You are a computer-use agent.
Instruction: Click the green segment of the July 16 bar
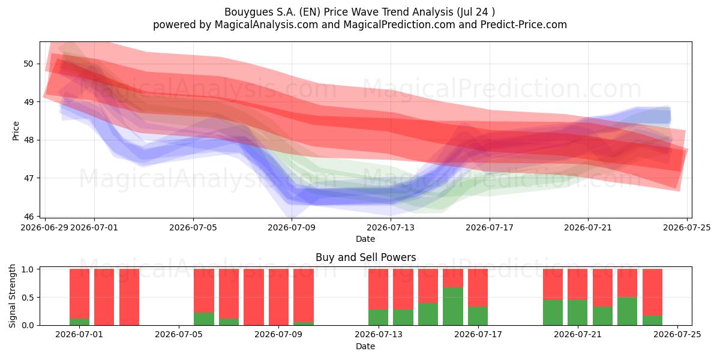tap(453, 306)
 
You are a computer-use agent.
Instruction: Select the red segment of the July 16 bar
tap(453, 278)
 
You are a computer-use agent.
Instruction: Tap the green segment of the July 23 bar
tap(627, 311)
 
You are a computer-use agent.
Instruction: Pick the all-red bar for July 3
tap(129, 297)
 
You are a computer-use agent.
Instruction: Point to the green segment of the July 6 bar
tap(204, 319)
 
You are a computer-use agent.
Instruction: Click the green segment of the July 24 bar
tap(652, 320)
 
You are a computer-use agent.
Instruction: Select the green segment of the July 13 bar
tap(379, 317)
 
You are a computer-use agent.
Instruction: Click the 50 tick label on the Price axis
tap(28, 64)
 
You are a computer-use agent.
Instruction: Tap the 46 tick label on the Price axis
tap(28, 216)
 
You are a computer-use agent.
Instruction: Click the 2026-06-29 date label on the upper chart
tap(44, 227)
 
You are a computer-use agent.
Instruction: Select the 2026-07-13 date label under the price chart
tap(391, 227)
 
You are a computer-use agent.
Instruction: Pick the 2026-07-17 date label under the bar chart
tap(478, 335)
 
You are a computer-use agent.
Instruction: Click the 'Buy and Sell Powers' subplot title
tap(366, 257)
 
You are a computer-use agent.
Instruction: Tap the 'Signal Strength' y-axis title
tap(12, 296)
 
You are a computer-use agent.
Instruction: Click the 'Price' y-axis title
tap(16, 131)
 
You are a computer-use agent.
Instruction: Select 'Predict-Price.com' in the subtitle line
tap(524, 25)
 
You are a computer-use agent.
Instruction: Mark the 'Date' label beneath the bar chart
tap(365, 346)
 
